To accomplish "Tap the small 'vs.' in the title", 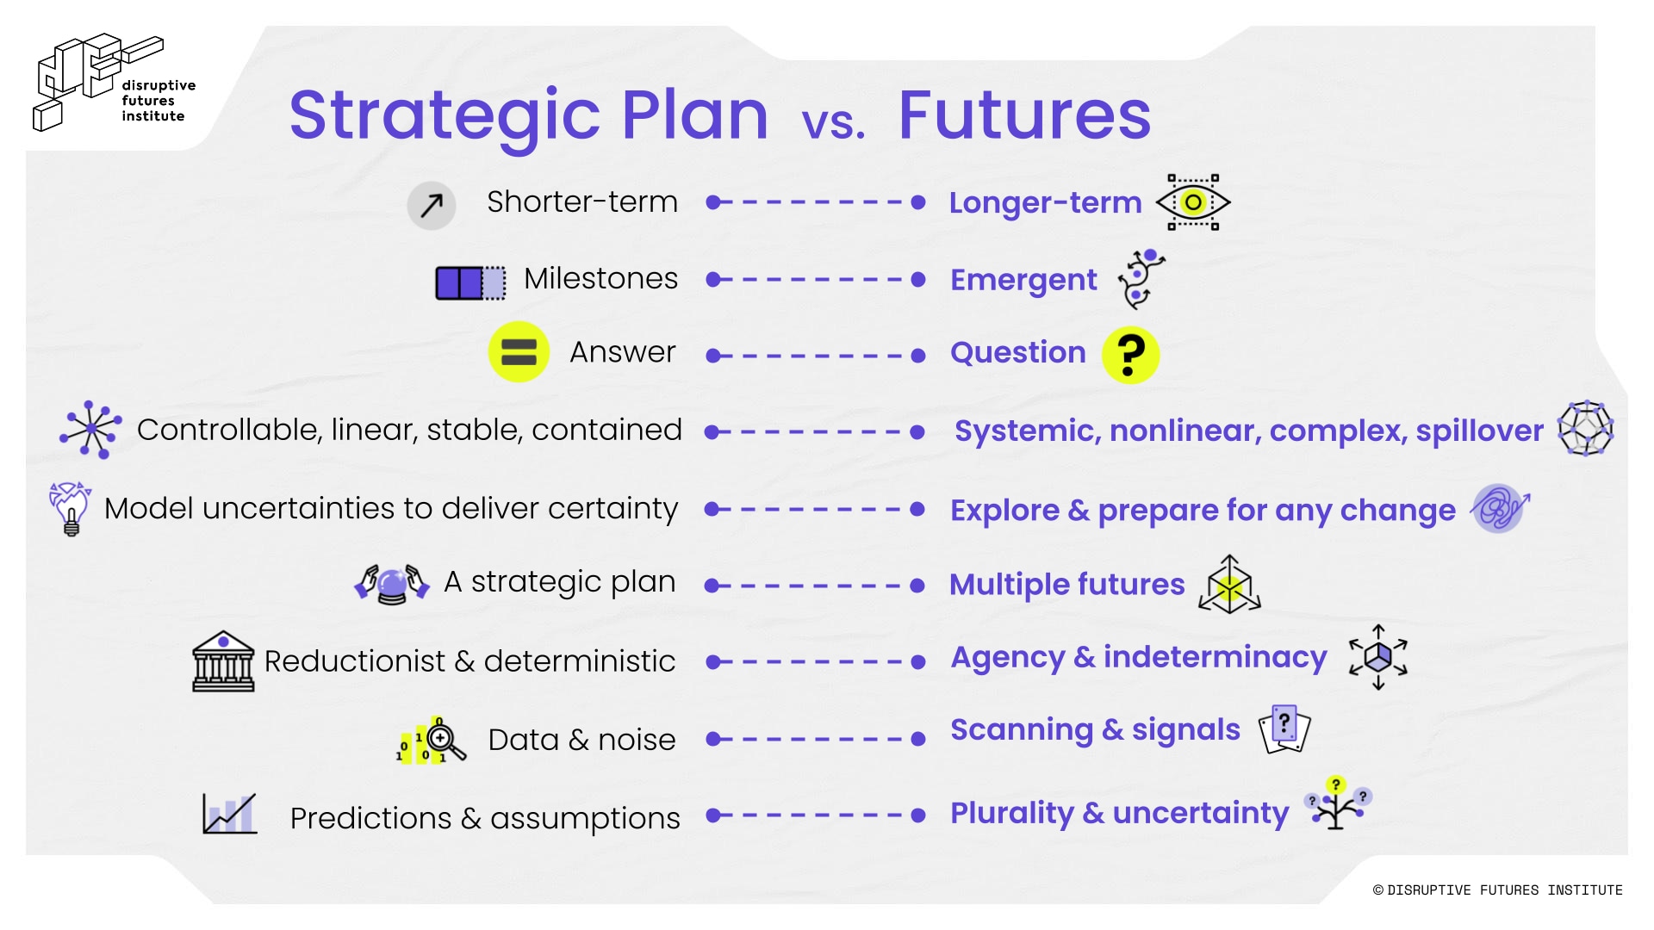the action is [x=833, y=123].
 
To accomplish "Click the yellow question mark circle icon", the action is [x=1130, y=355].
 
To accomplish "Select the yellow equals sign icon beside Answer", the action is [x=519, y=351].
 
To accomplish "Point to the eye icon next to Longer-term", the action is [x=1193, y=202].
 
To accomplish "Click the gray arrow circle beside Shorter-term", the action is [x=432, y=205].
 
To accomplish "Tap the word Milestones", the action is [x=600, y=278].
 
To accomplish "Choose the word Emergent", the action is [x=1023, y=280].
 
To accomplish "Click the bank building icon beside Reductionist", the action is [x=223, y=661].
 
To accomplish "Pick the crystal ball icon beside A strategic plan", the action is [x=392, y=584].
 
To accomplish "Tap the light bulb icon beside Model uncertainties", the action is [x=71, y=509].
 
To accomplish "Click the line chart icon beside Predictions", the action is [x=229, y=814].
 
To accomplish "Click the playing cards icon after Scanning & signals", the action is [x=1284, y=729].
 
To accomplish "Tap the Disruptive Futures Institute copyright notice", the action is [x=1497, y=890].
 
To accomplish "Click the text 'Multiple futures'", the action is [x=1067, y=584].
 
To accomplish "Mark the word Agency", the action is [x=1008, y=658].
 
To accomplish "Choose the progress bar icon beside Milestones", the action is [x=470, y=282].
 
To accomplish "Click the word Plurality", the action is [x=1012, y=813].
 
